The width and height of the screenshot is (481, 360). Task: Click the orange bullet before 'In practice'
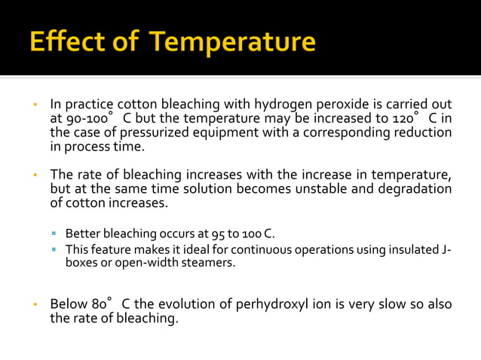[x=35, y=104]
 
